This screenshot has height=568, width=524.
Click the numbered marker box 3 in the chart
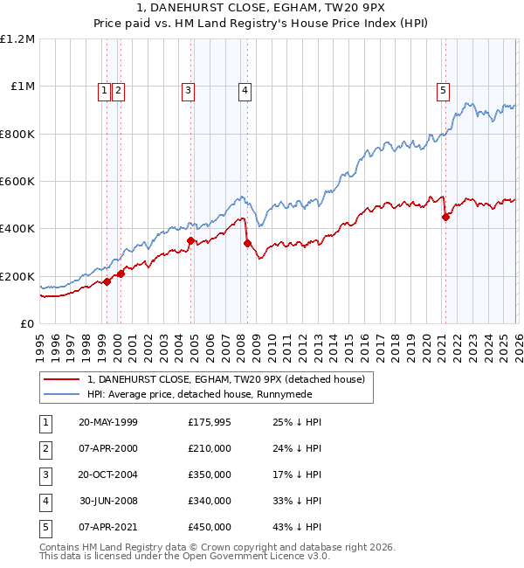coord(189,88)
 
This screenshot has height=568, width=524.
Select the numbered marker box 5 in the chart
coord(444,88)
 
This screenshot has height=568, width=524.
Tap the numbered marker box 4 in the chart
coord(245,88)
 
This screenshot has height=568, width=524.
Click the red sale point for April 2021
coord(445,218)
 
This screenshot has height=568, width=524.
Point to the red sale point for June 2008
coord(247,243)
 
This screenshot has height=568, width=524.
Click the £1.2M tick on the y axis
coord(17,39)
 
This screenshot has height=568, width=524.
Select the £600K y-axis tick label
coord(17,182)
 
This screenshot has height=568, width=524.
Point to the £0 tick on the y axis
coord(28,323)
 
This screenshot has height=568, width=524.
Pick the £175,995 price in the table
coord(209,422)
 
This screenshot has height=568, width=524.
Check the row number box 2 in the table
coord(45,448)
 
